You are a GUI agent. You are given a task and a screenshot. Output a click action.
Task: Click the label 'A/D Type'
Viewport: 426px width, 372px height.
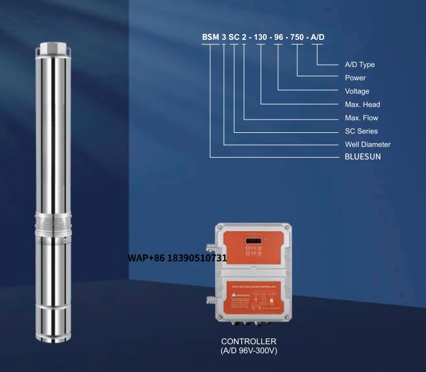tap(360, 65)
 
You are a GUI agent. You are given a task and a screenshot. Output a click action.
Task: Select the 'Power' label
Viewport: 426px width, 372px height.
tap(355, 78)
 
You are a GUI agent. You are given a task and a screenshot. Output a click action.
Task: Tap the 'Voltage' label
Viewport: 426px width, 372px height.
tap(357, 91)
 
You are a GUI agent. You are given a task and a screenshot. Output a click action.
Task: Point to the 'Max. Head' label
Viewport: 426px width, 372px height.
tap(362, 105)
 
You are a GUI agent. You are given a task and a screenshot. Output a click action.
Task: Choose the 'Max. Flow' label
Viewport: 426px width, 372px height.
tap(362, 118)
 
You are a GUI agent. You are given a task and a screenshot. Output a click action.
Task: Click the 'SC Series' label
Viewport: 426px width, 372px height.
tap(361, 131)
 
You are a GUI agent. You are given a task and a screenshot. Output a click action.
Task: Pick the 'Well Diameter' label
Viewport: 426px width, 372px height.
tap(367, 144)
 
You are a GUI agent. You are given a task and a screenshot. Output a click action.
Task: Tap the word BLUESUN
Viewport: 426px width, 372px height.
tap(363, 157)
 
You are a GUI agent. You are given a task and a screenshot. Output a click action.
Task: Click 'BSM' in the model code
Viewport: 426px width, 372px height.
tap(210, 38)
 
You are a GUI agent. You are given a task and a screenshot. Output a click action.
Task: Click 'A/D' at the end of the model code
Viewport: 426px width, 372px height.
tap(318, 38)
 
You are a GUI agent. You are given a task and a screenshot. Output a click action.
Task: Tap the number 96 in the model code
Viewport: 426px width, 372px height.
tap(281, 38)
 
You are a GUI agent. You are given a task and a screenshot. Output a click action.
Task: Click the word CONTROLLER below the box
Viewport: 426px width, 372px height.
tap(249, 341)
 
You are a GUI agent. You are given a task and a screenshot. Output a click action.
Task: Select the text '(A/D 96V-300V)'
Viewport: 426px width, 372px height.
tap(249, 351)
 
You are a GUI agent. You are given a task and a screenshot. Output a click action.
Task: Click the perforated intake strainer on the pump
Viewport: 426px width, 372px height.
tap(53, 222)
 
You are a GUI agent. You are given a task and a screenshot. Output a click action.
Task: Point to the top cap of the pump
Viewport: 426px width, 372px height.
tap(53, 46)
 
